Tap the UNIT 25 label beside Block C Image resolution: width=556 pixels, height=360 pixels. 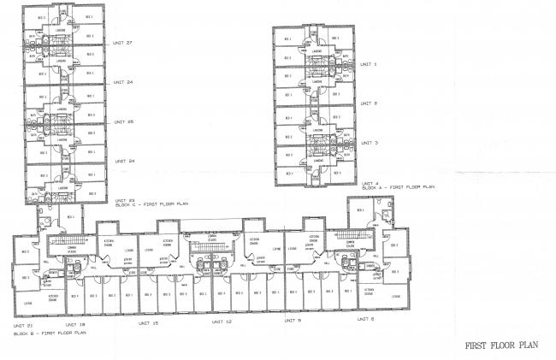123,121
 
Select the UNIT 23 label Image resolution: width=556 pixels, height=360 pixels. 123,200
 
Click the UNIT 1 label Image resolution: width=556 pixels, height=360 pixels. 369,64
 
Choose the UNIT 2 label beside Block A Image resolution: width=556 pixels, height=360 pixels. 369,103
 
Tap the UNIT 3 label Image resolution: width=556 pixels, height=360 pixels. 369,143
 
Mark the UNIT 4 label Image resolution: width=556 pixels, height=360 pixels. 369,182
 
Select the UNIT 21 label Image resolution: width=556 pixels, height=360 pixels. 23,325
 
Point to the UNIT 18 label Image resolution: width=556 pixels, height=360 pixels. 76,325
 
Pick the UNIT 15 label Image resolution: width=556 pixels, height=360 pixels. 149,323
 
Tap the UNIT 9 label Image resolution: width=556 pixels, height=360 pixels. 293,321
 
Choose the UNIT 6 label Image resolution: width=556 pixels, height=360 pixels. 365,319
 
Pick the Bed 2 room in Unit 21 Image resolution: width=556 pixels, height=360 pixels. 24,251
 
